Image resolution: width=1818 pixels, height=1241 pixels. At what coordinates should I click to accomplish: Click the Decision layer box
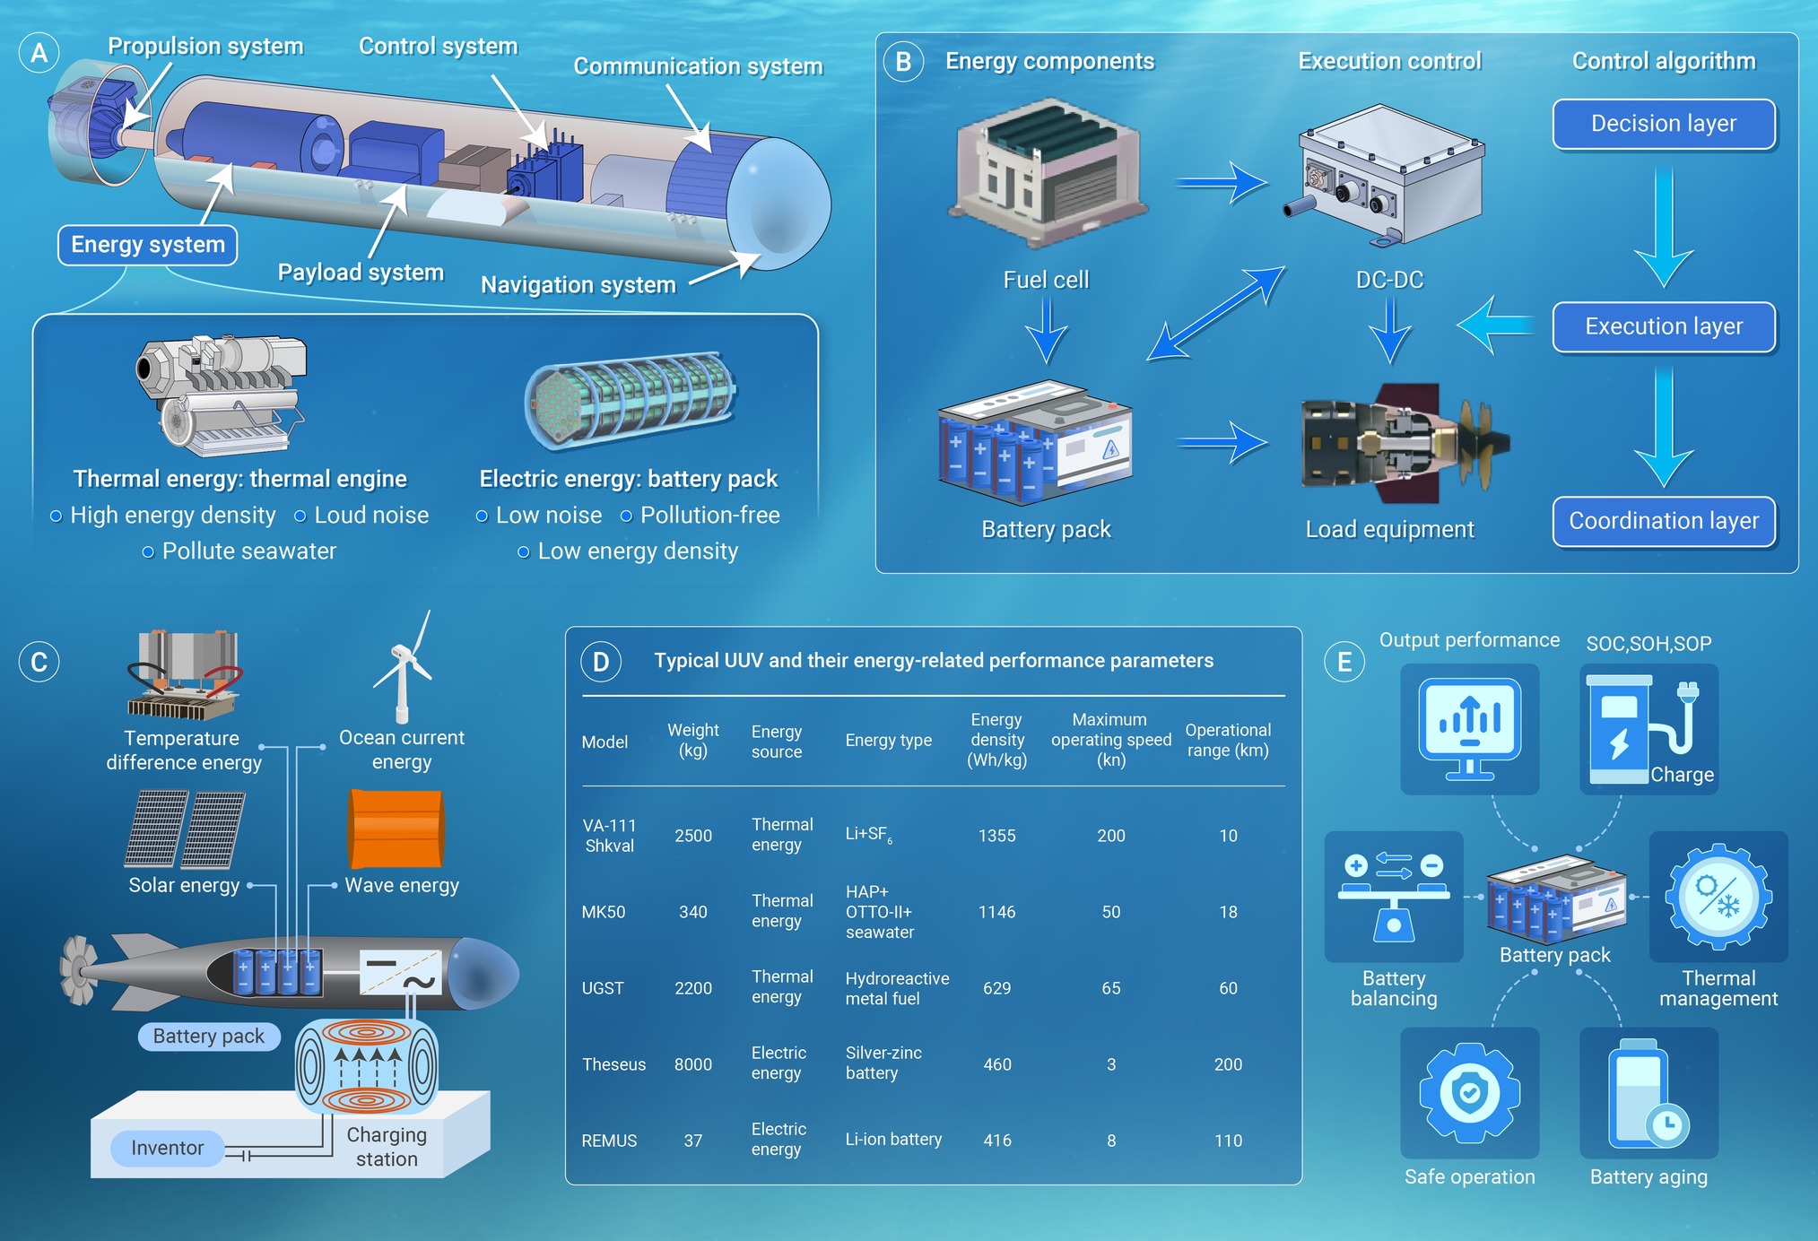1664,124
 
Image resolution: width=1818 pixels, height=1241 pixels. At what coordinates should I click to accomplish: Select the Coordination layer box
1664,521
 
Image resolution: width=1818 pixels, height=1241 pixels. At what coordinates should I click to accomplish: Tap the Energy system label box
148,245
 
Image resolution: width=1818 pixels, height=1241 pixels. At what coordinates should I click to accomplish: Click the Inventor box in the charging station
167,1148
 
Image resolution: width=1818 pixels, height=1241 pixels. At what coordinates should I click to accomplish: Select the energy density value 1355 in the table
996,836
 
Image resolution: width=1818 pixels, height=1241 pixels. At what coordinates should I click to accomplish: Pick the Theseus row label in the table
613,1064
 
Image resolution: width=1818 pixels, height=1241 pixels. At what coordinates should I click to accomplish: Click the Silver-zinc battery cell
883,1063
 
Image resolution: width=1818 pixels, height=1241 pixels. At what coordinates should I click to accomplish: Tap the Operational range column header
1228,740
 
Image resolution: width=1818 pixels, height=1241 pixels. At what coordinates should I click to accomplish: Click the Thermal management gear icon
1718,896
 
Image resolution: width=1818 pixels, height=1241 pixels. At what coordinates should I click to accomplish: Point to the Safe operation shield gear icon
1469,1092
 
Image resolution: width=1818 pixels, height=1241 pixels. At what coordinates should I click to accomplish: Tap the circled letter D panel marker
601,662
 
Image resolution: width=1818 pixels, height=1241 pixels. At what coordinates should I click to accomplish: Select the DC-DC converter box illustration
1386,175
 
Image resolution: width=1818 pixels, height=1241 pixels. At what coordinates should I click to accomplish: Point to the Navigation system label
578,285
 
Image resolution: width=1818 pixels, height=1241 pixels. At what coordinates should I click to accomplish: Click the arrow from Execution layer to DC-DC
1495,325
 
